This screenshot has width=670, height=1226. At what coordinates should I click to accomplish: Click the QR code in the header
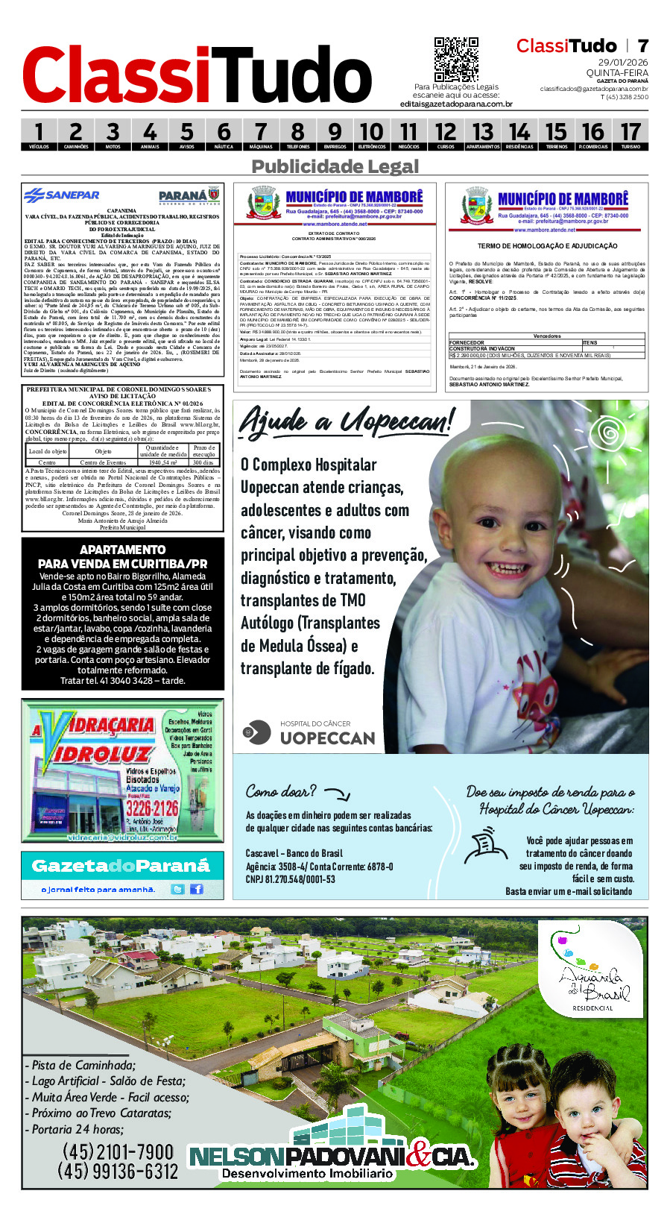tap(456, 60)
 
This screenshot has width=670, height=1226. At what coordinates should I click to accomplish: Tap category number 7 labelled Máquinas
tap(260, 135)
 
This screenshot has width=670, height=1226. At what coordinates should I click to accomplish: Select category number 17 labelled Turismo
tap(630, 135)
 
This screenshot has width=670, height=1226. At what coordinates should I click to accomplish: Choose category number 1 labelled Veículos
tap(39, 135)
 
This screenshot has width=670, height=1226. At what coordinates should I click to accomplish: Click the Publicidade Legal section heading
tap(335, 166)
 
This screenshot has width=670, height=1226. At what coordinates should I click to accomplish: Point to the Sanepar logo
tap(62, 195)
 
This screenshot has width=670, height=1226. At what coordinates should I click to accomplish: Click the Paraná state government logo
tap(189, 195)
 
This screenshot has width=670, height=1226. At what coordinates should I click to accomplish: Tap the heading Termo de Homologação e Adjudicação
tap(547, 246)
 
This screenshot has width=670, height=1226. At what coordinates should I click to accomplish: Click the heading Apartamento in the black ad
tap(122, 550)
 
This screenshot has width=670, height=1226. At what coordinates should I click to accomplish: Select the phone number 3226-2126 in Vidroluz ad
tap(151, 808)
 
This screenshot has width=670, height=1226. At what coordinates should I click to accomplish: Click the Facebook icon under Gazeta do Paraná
tap(197, 889)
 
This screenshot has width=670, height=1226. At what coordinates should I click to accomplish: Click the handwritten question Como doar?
tap(281, 791)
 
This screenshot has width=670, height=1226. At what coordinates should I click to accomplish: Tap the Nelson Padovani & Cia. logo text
tap(332, 1157)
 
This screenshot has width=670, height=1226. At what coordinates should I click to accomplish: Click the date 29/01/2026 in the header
tap(623, 63)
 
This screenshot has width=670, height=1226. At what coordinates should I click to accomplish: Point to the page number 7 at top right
tap(642, 46)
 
